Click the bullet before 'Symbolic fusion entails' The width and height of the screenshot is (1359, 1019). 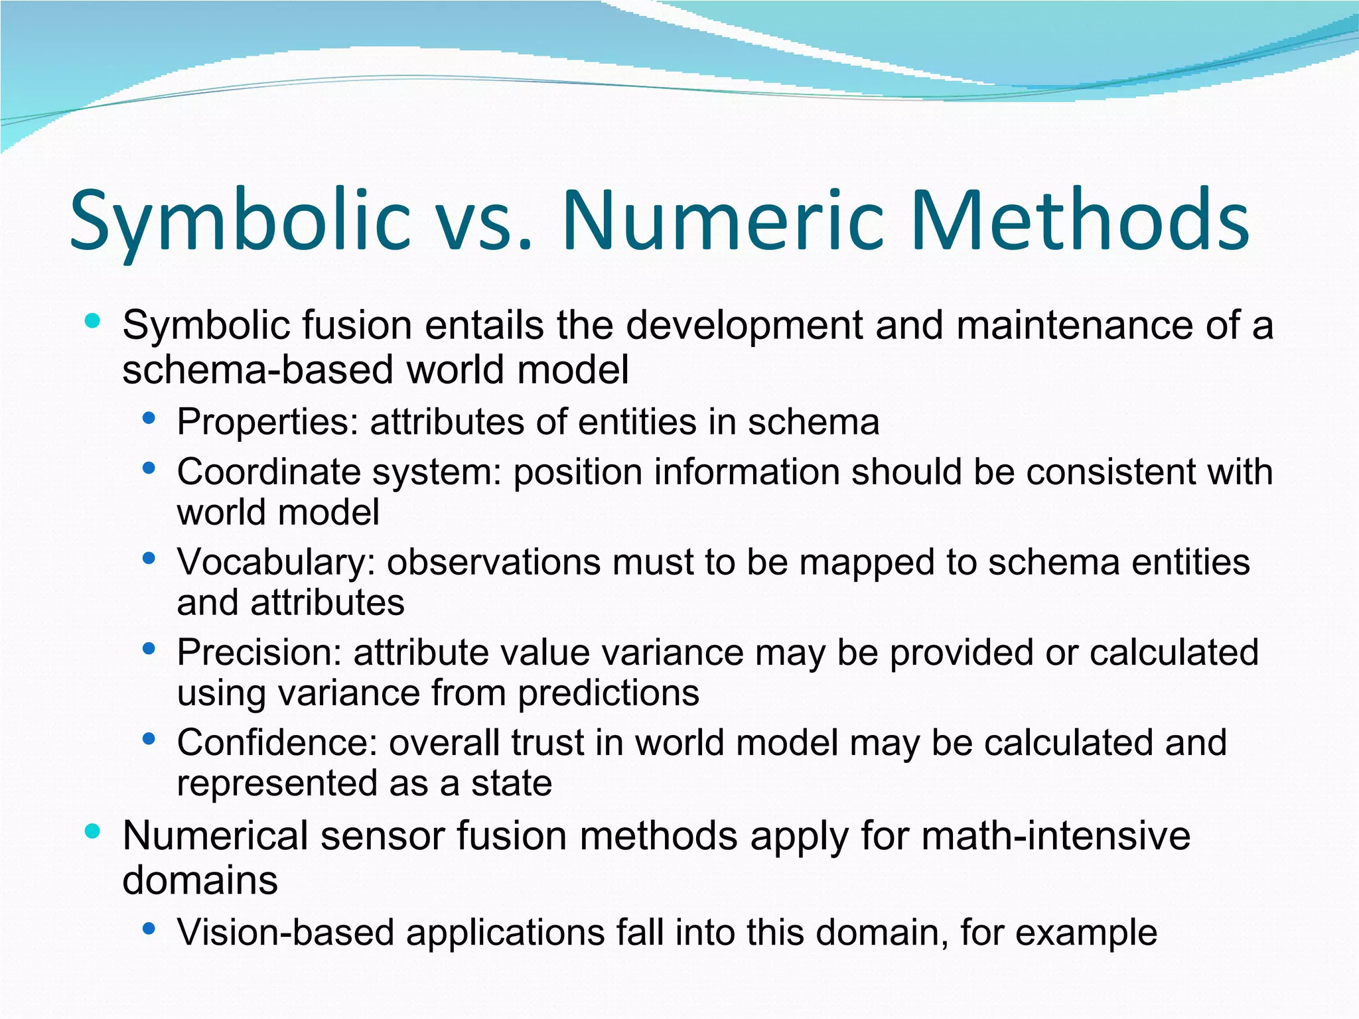coord(93,322)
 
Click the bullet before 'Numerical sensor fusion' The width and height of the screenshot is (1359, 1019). coord(93,831)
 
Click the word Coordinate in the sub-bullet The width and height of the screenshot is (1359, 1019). coord(269,472)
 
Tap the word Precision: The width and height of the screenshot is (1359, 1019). coord(259,652)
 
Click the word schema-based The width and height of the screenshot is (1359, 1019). coord(259,370)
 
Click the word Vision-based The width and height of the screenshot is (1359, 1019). coord(286,932)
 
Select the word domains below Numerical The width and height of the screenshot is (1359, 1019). coord(200,880)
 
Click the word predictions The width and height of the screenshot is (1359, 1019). coord(608,693)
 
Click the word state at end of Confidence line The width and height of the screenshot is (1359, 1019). coord(512,783)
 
